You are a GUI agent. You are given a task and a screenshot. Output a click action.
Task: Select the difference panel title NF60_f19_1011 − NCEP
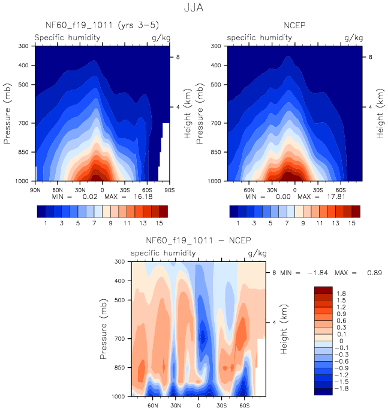coord(198,242)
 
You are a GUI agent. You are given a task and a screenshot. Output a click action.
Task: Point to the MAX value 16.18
coord(143,196)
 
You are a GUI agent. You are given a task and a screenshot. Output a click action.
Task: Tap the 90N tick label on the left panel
coord(35,189)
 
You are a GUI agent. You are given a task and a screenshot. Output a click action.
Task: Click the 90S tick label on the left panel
coord(170,189)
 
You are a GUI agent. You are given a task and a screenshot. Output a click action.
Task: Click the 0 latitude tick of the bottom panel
coord(198,406)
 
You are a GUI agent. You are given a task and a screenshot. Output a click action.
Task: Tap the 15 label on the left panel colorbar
coord(159,222)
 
